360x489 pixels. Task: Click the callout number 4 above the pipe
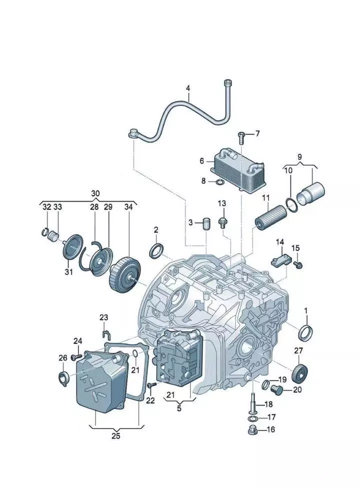tap(188, 89)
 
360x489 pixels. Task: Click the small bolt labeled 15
tap(298, 263)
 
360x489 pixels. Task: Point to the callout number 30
tap(95, 193)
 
